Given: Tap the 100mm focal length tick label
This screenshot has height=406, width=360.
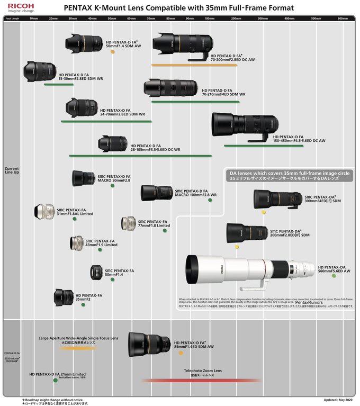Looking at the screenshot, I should [x=209, y=18].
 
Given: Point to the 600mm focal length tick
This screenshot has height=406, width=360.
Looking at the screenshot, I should [x=342, y=18].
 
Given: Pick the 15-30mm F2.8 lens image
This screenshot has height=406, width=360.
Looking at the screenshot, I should [x=40, y=71].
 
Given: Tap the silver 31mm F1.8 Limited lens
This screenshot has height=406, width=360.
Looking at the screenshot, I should [x=44, y=212].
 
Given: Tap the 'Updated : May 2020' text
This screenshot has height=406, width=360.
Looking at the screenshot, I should [x=338, y=400].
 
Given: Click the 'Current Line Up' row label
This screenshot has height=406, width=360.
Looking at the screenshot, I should [x=12, y=170].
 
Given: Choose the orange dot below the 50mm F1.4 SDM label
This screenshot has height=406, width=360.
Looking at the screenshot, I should [x=113, y=52].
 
